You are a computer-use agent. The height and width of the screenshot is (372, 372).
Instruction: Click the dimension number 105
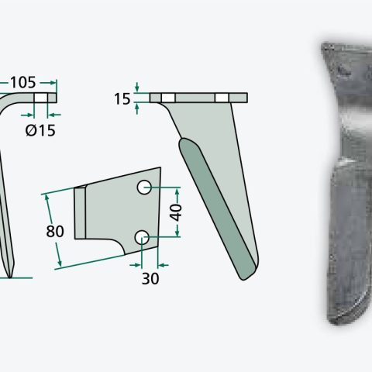[x=23, y=83]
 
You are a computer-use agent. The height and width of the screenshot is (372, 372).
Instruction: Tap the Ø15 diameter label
[x=40, y=130]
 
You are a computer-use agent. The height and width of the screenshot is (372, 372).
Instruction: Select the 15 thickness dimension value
[x=122, y=99]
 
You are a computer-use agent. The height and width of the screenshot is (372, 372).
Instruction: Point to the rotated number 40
[x=176, y=212]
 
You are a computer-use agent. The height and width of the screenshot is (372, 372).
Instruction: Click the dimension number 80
[x=55, y=231]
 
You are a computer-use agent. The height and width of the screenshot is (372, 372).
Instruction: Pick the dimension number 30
[x=150, y=279]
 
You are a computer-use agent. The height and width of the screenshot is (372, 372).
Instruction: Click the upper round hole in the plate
[x=144, y=187]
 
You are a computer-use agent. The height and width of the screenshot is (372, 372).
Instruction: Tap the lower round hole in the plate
[x=142, y=237]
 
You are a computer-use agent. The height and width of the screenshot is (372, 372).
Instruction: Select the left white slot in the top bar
[x=168, y=98]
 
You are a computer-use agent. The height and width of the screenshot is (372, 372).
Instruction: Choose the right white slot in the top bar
[x=222, y=98]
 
